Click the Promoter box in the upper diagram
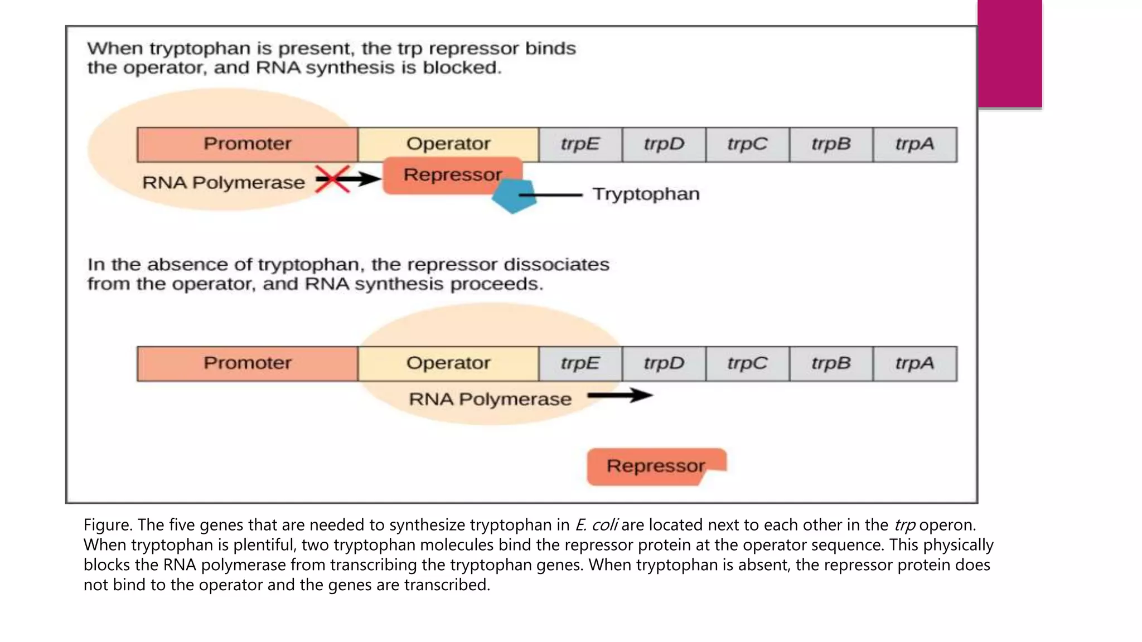[247, 144]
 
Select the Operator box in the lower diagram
[448, 363]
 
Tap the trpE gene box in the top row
[580, 144]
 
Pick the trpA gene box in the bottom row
[914, 363]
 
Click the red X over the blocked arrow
[332, 179]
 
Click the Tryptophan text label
[646, 194]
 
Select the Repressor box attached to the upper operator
[452, 175]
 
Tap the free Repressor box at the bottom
[655, 466]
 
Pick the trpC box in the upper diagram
[747, 144]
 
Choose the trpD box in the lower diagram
[664, 363]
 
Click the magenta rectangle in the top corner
[1009, 53]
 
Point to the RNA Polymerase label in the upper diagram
[223, 183]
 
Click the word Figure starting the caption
[108, 525]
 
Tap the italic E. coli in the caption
[596, 525]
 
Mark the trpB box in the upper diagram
[831, 144]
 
